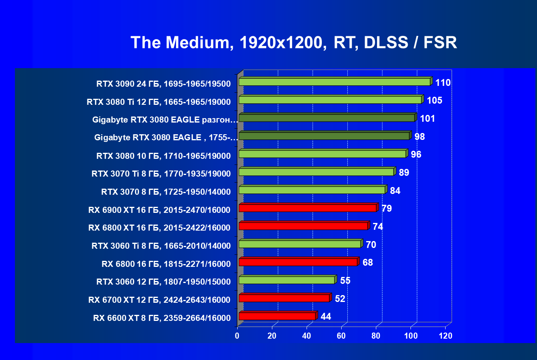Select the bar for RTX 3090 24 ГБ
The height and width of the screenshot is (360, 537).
tap(334, 82)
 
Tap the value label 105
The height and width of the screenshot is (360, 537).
tap(435, 100)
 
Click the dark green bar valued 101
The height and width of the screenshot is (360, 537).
tap(327, 118)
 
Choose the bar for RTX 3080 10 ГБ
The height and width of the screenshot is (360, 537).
tap(322, 154)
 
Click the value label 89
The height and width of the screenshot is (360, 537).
tap(404, 173)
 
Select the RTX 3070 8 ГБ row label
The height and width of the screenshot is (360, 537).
tap(166, 191)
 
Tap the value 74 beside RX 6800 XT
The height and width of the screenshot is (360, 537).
tap(378, 227)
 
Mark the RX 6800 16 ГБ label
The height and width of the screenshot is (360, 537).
tap(166, 264)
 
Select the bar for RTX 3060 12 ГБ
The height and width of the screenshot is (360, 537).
tap(286, 280)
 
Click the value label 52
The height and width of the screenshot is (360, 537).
tap(340, 299)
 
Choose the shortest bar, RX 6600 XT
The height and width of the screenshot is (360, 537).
tap(277, 316)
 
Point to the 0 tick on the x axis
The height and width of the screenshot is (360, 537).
tap(237, 336)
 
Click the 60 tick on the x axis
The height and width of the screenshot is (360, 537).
tap(342, 336)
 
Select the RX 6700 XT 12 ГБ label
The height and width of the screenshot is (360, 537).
tap(159, 300)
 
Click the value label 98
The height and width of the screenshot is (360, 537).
tap(420, 137)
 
